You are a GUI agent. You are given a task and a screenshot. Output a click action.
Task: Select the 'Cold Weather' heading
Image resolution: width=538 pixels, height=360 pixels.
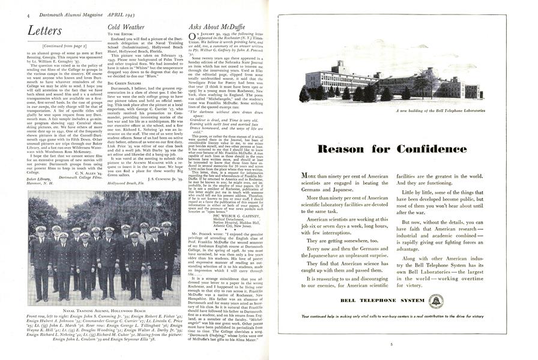click(126, 27)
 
